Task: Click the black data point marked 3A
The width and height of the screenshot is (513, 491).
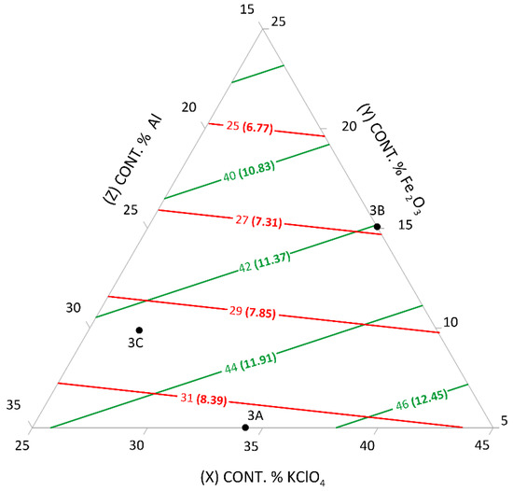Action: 245,428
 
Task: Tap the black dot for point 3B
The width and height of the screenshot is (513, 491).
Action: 377,227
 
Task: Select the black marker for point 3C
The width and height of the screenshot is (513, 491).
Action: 139,330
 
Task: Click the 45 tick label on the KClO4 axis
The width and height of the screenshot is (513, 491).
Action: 482,445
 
